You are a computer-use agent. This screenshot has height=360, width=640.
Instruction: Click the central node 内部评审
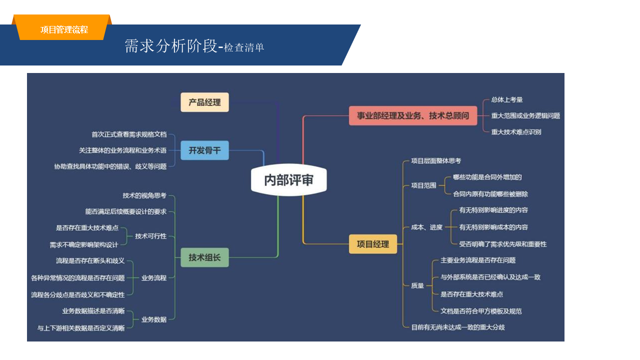[x=288, y=180]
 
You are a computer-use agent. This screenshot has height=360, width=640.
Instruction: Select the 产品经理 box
[x=204, y=102]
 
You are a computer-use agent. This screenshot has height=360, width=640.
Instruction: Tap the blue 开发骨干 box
[x=204, y=150]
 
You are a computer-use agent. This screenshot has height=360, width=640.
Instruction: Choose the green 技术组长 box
[x=204, y=257]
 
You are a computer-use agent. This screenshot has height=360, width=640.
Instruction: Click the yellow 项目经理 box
[x=372, y=244]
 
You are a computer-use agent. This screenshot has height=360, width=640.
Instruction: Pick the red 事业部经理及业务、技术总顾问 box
[x=413, y=116]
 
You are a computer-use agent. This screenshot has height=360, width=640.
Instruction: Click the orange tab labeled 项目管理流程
[x=64, y=30]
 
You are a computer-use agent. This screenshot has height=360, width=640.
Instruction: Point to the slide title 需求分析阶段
[x=171, y=46]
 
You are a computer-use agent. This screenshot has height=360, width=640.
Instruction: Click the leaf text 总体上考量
[x=507, y=100]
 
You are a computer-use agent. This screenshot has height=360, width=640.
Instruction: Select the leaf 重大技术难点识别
[x=516, y=132]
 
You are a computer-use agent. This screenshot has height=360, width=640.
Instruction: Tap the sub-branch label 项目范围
[x=423, y=185]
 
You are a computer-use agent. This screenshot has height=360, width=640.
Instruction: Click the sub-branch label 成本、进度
[x=427, y=227]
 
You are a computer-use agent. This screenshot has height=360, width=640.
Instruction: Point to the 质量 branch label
[x=417, y=285]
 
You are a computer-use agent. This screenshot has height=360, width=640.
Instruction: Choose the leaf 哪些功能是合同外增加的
[x=487, y=177]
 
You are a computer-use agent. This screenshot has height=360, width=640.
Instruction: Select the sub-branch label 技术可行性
[x=151, y=236]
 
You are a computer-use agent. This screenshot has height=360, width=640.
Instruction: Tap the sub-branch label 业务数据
[x=154, y=319]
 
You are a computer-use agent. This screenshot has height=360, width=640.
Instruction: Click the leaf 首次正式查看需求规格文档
[x=129, y=134]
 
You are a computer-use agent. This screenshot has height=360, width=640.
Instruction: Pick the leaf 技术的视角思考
[x=144, y=195]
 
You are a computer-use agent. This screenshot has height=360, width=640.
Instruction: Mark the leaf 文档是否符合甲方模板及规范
[x=481, y=311]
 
